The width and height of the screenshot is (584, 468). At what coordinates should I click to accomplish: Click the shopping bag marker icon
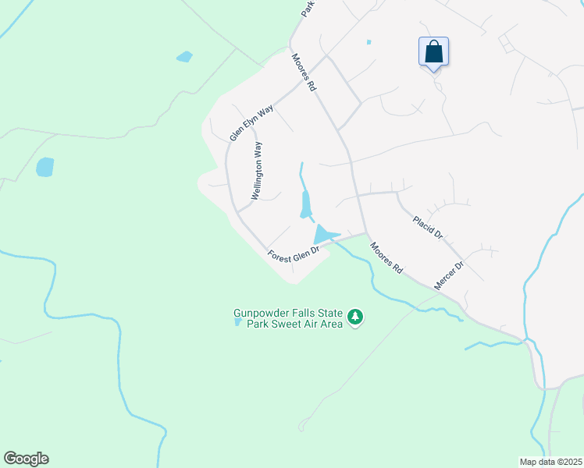pos(433,52)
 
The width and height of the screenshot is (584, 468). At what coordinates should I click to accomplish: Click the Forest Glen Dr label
pos(294,254)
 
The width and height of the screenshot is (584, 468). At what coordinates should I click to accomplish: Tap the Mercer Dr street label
pos(449,275)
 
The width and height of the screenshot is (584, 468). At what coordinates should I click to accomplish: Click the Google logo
pos(26,459)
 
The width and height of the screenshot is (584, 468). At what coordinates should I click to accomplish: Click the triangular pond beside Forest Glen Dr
pos(323,234)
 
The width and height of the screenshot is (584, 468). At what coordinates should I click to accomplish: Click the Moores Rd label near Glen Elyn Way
pos(304,73)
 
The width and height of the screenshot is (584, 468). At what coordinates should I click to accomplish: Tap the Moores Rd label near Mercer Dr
pos(386,257)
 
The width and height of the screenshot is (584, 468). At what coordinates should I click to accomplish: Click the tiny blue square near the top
pos(369,42)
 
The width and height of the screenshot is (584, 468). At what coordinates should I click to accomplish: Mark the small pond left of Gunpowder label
pos(237,321)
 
